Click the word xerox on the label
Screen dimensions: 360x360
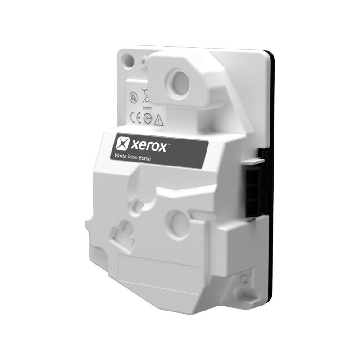click(148, 147)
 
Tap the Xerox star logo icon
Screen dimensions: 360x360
click(122, 143)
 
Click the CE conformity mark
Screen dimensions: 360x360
click(135, 118)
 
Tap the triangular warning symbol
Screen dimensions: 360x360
click(158, 120)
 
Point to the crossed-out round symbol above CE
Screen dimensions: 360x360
click(133, 97)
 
